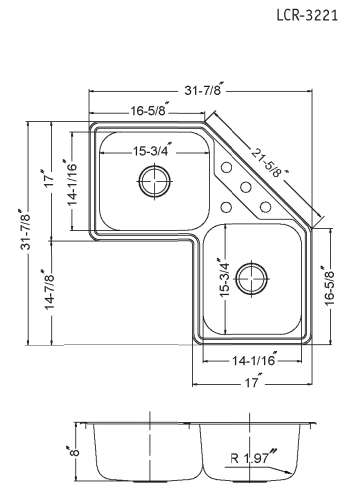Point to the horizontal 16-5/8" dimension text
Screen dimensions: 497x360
pos(148,113)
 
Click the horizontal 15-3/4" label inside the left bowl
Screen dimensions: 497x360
pos(152,151)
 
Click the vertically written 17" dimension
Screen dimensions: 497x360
pos(46,182)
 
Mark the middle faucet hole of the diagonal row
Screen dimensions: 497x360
pos(244,186)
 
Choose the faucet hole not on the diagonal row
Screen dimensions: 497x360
pos(227,207)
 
